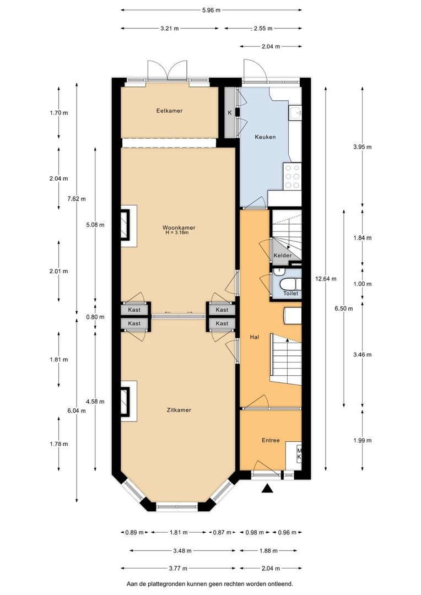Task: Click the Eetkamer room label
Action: (169, 111)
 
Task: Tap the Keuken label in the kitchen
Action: (265, 137)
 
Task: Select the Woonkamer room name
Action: (179, 227)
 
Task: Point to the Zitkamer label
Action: (179, 410)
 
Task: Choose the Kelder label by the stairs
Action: (282, 256)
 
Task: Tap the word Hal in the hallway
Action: (254, 338)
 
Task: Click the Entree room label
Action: (270, 440)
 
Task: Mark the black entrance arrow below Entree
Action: (267, 489)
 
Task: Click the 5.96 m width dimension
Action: (211, 10)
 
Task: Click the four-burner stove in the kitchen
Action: (293, 176)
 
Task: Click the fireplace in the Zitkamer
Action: (128, 401)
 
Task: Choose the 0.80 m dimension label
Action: (59, 317)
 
